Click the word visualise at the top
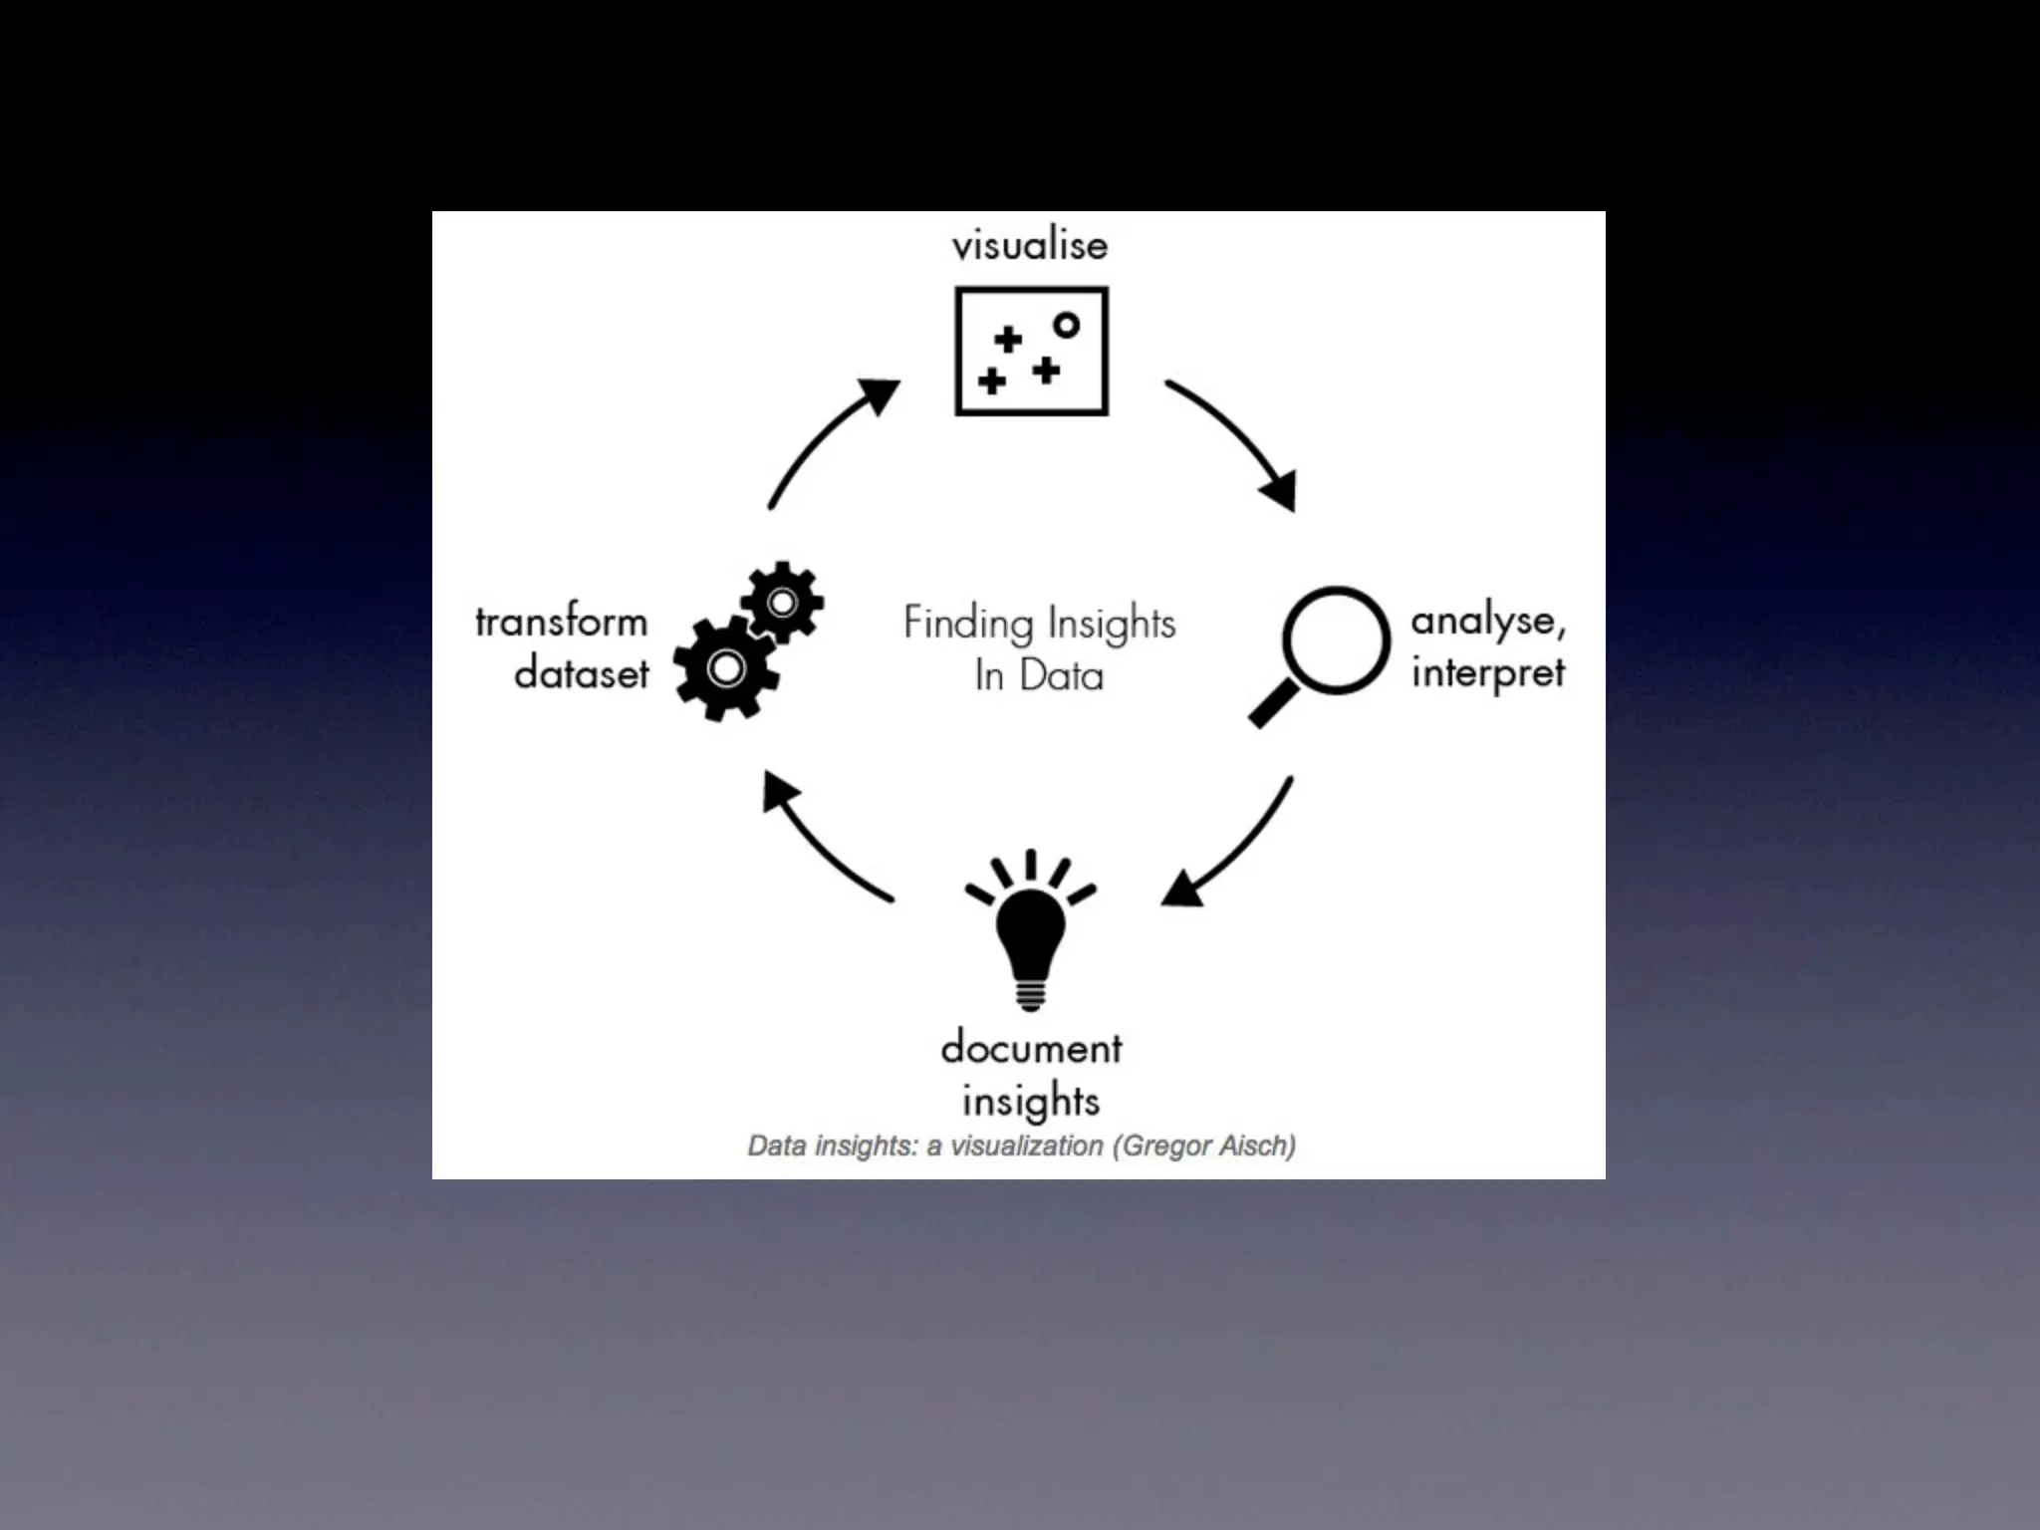click(1029, 245)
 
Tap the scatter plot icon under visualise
click(1031, 351)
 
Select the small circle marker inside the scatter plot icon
click(1066, 325)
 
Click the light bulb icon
click(1031, 936)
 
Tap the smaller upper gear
click(783, 603)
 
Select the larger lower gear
click(726, 668)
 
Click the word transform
click(562, 623)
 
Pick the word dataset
click(582, 674)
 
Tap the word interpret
click(1488, 673)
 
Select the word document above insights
click(1031, 1048)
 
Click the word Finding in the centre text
click(953, 624)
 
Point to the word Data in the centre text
click(1062, 676)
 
